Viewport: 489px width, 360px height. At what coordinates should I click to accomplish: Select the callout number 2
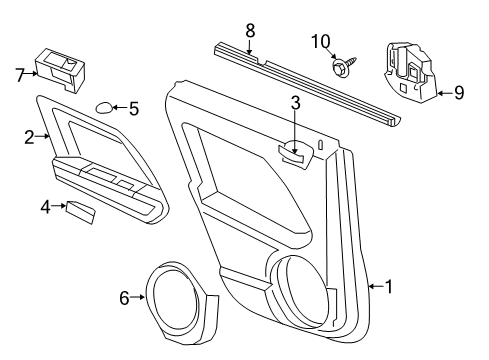pos(29,138)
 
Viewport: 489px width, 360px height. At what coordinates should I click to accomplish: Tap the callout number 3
pos(295,102)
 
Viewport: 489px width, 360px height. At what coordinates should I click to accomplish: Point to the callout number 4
pos(45,207)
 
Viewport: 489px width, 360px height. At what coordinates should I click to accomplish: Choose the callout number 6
pos(124,297)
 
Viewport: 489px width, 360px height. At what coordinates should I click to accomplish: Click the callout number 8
pos(251,30)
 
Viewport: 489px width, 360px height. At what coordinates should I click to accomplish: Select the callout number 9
pos(458,93)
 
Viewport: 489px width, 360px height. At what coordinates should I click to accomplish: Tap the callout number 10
pos(319,41)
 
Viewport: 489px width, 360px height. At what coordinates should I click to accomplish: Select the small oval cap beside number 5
pos(104,108)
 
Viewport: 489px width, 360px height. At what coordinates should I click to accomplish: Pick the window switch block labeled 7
pos(60,66)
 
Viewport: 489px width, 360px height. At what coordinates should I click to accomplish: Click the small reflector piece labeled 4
pos(80,211)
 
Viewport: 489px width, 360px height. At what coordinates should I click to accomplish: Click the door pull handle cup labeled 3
pos(292,151)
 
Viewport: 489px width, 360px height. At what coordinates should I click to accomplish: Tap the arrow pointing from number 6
pos(139,297)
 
